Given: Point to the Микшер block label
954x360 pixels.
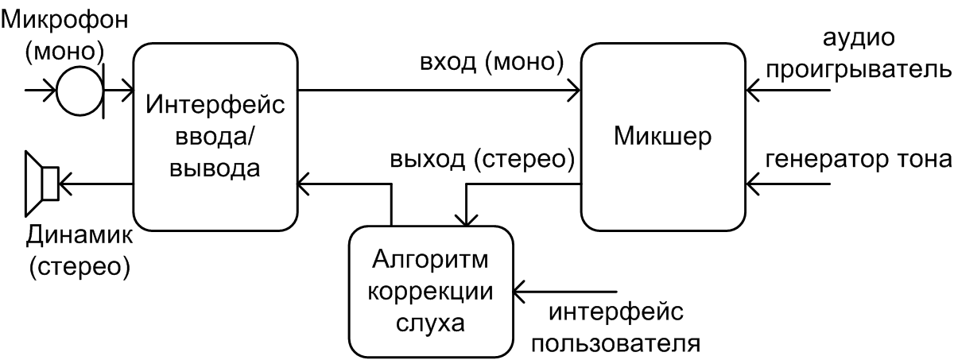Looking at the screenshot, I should (664, 136).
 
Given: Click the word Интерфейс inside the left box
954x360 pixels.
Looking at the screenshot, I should (215, 104).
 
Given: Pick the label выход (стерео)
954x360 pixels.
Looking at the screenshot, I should (482, 160).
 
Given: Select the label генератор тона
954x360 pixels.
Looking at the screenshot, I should (858, 160).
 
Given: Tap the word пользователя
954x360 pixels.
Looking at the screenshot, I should (615, 343).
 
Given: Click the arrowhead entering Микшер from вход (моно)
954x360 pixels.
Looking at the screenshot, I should (575, 91).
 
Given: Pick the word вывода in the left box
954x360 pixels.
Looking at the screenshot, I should (215, 168).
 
